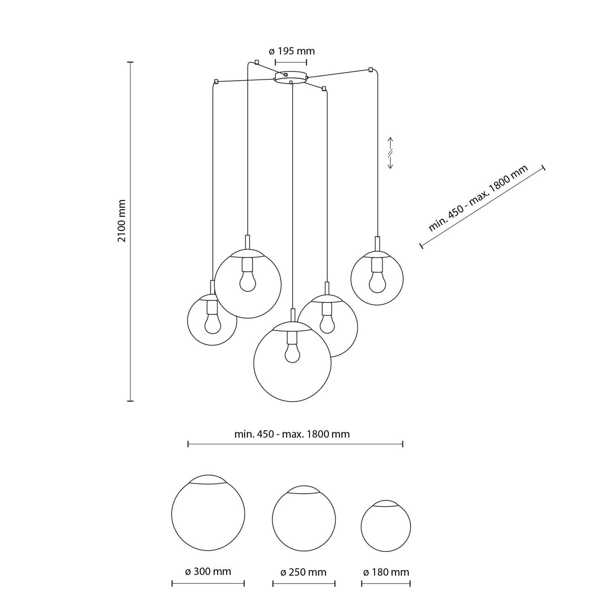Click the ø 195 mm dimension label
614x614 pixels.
pyautogui.click(x=291, y=51)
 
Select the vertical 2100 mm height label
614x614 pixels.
pyautogui.click(x=122, y=221)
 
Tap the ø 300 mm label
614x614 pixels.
pyautogui.click(x=208, y=571)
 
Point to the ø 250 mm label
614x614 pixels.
pyautogui.click(x=303, y=572)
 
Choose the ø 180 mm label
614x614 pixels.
pyautogui.click(x=386, y=572)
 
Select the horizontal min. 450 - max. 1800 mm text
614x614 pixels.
pyautogui.click(x=292, y=434)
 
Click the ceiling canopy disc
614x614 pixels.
pyautogui.click(x=291, y=77)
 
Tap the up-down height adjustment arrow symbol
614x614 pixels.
pyautogui.click(x=391, y=153)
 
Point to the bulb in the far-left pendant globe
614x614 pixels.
pyautogui.click(x=212, y=324)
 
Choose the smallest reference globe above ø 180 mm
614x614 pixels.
pyautogui.click(x=386, y=526)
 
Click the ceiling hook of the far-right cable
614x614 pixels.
pyautogui.click(x=371, y=69)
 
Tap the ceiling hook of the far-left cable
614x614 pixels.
pyautogui.click(x=216, y=81)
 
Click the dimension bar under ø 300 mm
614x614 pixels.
pyautogui.click(x=208, y=583)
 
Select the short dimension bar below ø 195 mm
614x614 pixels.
pyautogui.click(x=291, y=62)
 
